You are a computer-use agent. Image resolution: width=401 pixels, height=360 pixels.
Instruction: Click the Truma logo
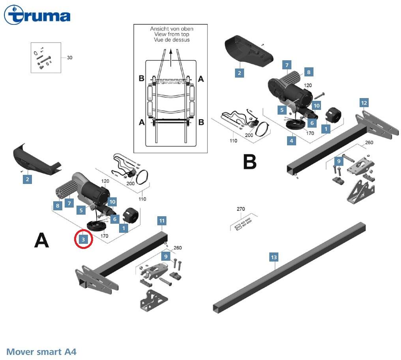[x=37, y=16]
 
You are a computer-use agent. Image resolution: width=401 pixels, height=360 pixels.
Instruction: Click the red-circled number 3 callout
[x=84, y=239]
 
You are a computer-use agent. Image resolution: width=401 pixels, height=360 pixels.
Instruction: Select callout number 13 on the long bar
[x=274, y=257]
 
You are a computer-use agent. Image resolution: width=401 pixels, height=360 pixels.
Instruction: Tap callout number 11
[x=162, y=221]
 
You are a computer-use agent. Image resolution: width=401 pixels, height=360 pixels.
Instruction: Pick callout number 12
[x=364, y=103]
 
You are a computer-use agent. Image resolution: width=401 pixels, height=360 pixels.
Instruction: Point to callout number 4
[x=291, y=140]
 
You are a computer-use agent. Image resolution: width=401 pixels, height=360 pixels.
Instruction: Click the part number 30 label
[x=69, y=58]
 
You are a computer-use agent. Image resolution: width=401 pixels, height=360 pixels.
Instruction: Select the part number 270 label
[x=241, y=209]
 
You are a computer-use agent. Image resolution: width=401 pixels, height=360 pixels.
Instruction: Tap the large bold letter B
[x=250, y=161]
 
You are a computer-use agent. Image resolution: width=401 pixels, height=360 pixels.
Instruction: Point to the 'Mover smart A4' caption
[x=41, y=351]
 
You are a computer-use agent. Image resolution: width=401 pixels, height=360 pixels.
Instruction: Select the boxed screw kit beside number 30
[x=46, y=58]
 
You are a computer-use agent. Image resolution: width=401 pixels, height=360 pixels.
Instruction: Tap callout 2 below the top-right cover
[x=239, y=72]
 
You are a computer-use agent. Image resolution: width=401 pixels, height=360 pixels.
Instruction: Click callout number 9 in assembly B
[x=338, y=161]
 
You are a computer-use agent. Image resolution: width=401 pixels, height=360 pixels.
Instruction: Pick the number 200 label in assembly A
[x=131, y=184]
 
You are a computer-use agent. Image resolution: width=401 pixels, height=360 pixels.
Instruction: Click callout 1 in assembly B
[x=326, y=128]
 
